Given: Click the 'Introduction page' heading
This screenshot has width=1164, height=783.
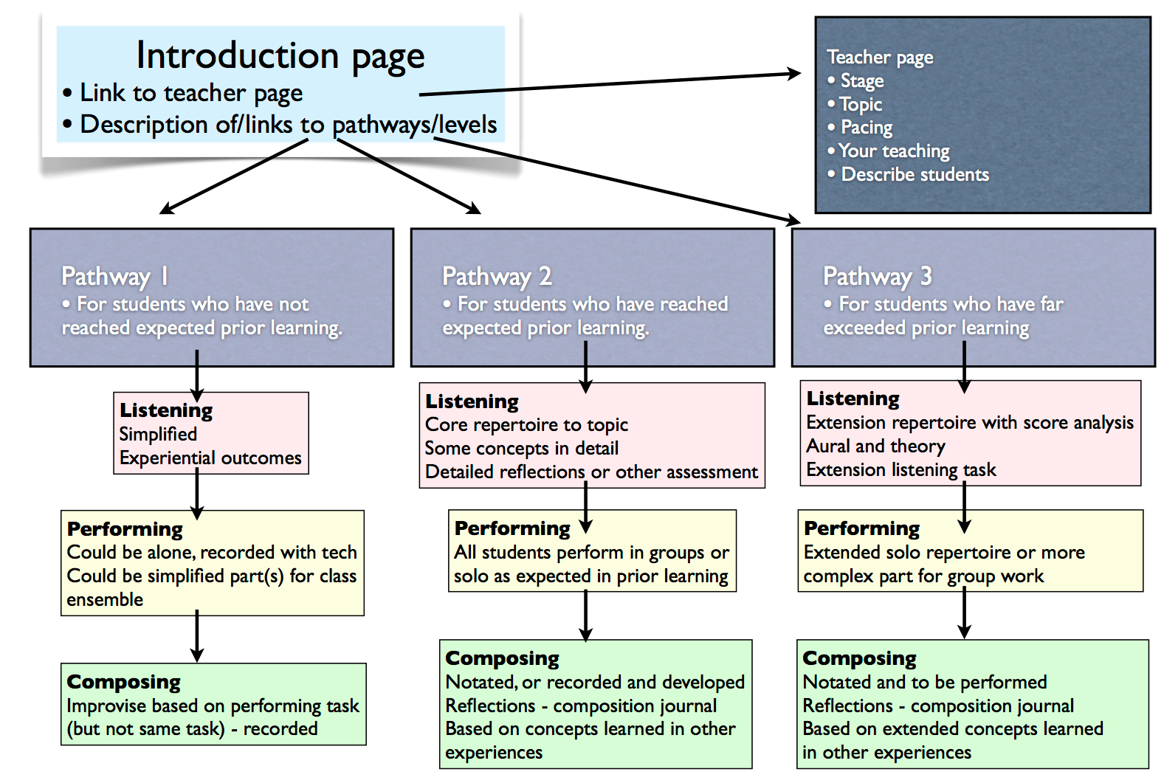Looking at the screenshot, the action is (x=280, y=56).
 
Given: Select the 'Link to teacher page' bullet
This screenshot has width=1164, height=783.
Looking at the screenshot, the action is (x=182, y=94).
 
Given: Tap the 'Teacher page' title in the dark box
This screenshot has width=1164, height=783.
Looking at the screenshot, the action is (x=880, y=57).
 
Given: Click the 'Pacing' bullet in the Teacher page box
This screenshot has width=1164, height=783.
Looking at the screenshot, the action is (x=860, y=127).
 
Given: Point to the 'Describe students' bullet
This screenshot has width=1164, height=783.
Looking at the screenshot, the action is (x=909, y=174).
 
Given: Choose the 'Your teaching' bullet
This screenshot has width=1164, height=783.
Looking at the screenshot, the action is (x=889, y=151).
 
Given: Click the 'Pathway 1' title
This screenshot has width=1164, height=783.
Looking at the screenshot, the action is (x=115, y=276).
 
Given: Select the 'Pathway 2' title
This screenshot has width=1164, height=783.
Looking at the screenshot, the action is (x=497, y=276).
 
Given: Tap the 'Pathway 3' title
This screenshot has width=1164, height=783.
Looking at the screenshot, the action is (x=878, y=276).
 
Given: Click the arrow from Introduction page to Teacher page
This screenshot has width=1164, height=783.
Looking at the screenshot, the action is (x=610, y=83).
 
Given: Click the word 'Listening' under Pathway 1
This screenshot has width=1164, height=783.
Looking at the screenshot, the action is (x=166, y=410).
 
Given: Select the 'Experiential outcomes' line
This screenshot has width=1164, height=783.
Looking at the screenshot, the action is (x=210, y=458).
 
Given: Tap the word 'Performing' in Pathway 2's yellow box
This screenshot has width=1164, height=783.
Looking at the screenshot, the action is (x=512, y=528).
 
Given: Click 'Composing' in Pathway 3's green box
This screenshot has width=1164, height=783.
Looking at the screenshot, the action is (x=859, y=658).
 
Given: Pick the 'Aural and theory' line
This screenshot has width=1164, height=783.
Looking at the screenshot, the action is (x=875, y=446).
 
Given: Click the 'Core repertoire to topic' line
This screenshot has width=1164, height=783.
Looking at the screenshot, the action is (x=526, y=424).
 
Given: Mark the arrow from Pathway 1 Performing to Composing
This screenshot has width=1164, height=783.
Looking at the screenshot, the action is (x=197, y=636).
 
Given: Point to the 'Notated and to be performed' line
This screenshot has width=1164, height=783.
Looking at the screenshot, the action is (x=924, y=682).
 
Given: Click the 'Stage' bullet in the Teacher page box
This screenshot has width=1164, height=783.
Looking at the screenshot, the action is (x=855, y=80).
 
